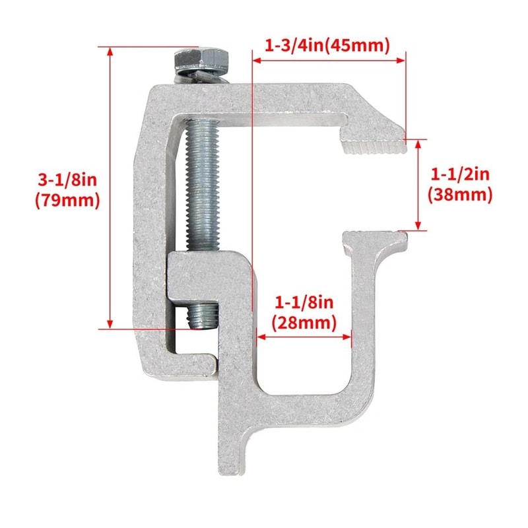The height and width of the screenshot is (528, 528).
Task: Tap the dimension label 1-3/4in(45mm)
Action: pos(328,46)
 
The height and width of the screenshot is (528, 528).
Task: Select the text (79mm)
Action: pos(67,199)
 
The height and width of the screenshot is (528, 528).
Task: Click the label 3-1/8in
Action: pos(67,179)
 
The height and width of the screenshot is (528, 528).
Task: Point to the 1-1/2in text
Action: pos(460,174)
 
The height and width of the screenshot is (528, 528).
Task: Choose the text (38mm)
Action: pos(460,195)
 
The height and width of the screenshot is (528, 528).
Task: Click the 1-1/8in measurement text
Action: pos(305,304)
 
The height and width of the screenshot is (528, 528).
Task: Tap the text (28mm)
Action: pos(305,323)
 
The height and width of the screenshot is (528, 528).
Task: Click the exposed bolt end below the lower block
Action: pos(203,315)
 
